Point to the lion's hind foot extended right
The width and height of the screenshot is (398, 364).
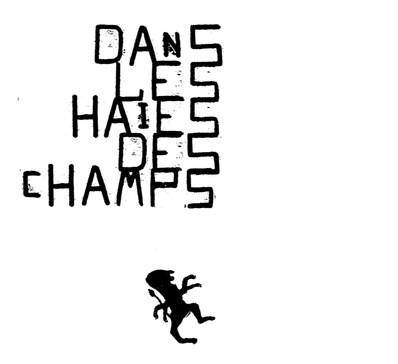click(210, 318)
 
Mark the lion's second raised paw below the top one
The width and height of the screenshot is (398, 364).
click(197, 285)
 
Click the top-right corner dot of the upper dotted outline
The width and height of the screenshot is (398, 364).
click(112, 91)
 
